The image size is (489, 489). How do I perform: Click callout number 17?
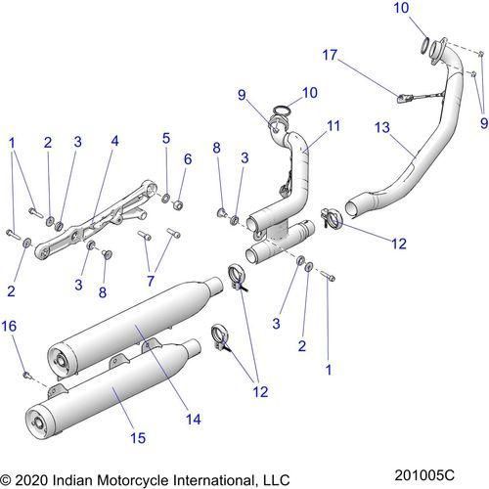coord(330,55)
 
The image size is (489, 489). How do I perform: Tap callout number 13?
coord(382,127)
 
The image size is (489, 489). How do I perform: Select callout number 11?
coord(333,125)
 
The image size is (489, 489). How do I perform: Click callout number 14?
coord(194,419)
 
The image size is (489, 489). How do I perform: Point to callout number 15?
coord(138,438)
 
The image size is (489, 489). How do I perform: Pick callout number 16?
coord(9,326)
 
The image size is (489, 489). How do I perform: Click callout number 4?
coord(114,141)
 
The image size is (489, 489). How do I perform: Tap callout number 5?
coord(166,138)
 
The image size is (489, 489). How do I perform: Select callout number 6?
coord(188,158)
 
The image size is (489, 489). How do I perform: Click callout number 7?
coord(151,281)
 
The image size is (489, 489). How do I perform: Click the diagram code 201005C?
coord(424,475)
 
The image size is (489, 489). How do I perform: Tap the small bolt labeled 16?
coord(27,375)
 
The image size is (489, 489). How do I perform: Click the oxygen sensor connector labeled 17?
coord(403,98)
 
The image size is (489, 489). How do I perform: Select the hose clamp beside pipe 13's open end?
coord(332,218)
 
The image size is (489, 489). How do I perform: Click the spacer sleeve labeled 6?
coord(178,205)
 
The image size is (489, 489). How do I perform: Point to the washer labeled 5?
coord(166,198)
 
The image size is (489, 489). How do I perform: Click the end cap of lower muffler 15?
coord(37,422)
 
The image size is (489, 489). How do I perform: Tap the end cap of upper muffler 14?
coord(60,361)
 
